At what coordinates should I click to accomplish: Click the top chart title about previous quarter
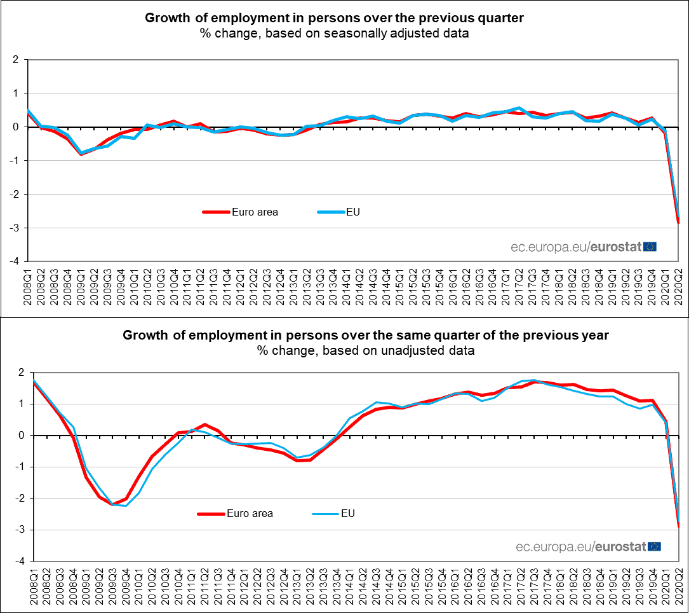click(x=334, y=18)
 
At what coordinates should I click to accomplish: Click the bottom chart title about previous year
click(x=365, y=335)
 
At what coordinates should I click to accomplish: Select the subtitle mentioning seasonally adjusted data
click(x=334, y=34)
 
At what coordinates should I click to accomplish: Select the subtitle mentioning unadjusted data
click(x=365, y=350)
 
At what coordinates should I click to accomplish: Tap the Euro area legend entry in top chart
click(x=240, y=212)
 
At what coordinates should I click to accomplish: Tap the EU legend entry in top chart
click(x=337, y=212)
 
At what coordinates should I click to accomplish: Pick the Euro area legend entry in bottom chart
click(x=235, y=513)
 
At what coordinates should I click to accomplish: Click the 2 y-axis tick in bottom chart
click(x=20, y=373)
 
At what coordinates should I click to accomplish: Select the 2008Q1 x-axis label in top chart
click(x=28, y=286)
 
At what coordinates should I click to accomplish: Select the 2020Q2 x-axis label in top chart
click(x=679, y=286)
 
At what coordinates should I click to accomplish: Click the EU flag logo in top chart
click(x=650, y=247)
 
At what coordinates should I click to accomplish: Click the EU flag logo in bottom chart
click(x=654, y=546)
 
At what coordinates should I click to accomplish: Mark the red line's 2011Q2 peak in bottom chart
click(x=204, y=424)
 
